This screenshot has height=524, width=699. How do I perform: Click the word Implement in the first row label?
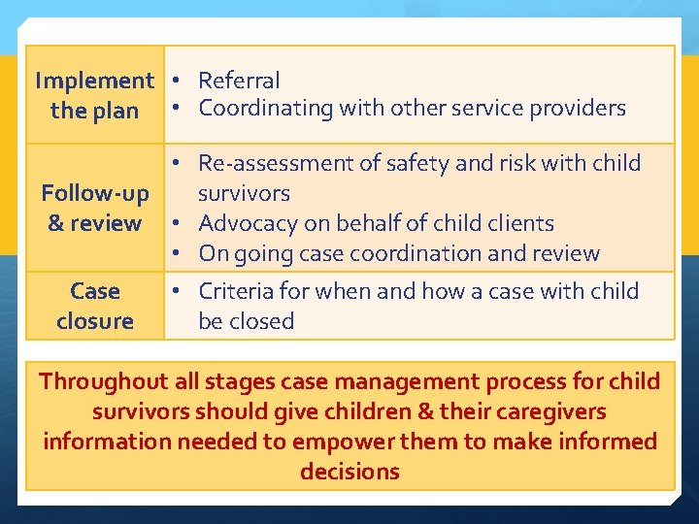tap(94, 81)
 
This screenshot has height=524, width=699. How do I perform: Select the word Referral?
tap(239, 81)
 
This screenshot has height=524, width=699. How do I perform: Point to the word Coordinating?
tap(266, 108)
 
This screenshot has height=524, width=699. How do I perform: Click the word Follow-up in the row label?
tap(95, 193)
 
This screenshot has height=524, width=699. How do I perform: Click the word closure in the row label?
tap(95, 321)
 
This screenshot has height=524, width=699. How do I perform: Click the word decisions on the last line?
tap(349, 472)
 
